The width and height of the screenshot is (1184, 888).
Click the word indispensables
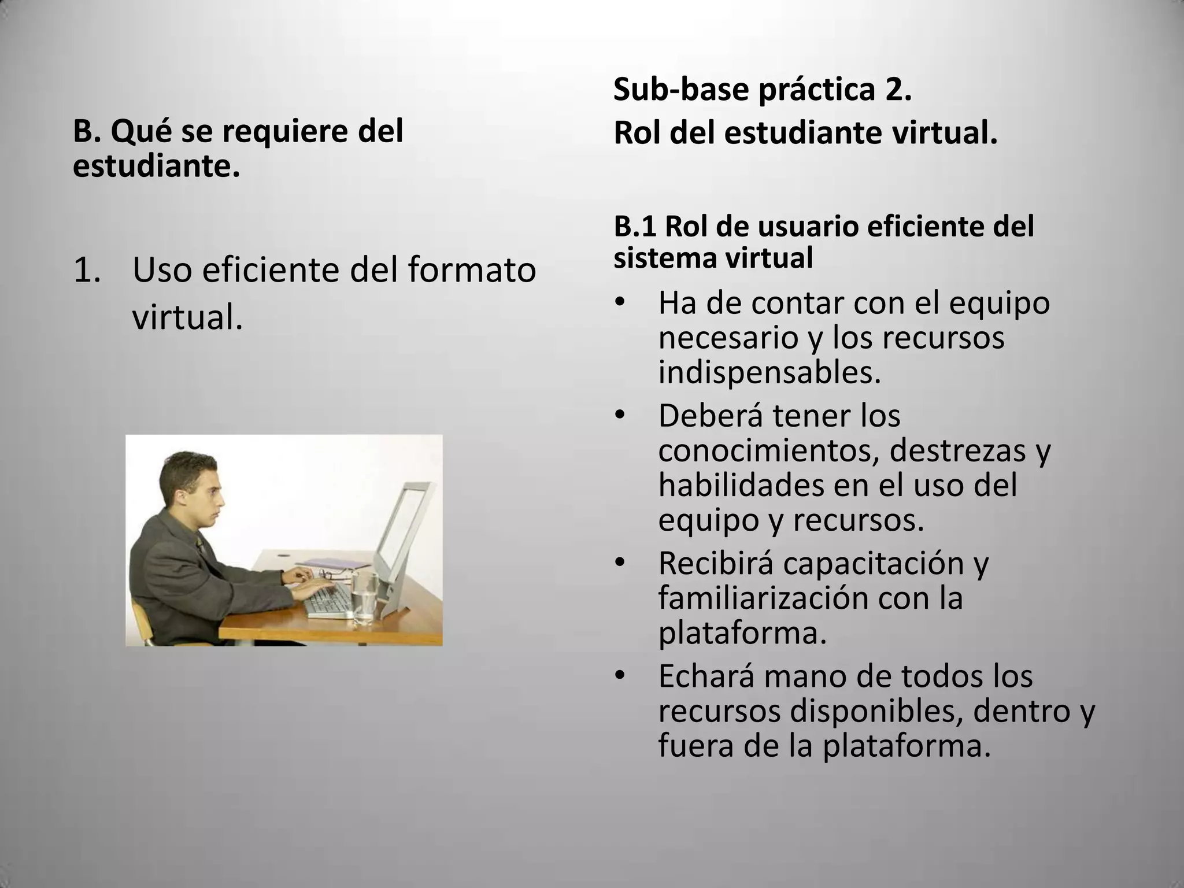pyautogui.click(x=769, y=373)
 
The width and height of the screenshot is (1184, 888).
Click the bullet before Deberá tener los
pyautogui.click(x=620, y=416)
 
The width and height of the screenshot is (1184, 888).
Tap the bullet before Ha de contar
pyautogui.click(x=620, y=303)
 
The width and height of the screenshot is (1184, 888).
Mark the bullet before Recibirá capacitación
pyautogui.click(x=620, y=563)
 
